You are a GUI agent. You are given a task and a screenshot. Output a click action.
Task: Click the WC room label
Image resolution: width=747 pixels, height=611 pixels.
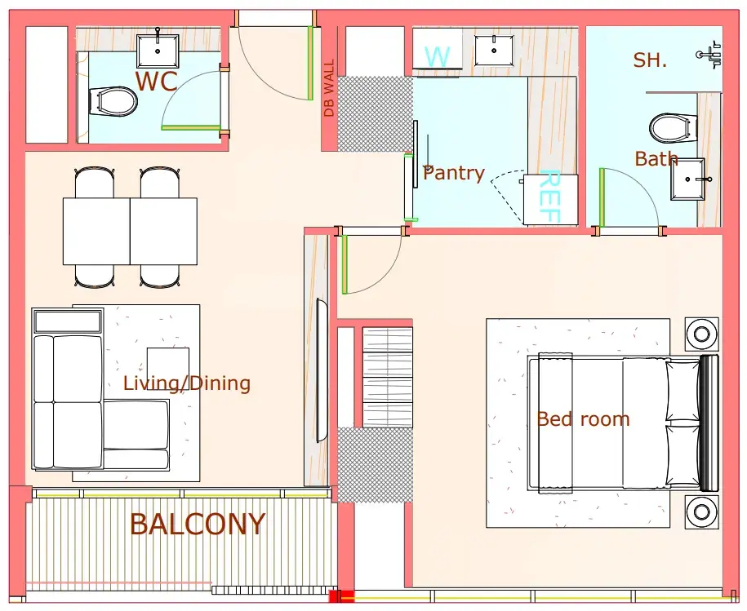157,81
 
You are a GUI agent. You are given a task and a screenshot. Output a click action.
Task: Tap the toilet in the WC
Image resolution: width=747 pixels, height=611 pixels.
113,101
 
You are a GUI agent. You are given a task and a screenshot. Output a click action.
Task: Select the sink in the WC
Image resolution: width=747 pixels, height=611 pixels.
158,51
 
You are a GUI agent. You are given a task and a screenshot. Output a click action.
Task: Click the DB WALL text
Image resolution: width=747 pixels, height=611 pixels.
329,88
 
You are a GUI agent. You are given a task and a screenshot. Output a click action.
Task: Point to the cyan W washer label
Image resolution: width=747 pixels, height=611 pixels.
438,56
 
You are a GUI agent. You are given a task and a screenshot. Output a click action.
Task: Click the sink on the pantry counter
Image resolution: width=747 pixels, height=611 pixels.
494,50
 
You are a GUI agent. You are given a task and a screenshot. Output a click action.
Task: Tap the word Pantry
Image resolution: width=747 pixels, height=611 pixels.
454,173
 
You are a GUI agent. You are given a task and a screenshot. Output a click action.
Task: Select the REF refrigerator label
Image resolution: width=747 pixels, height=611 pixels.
550,196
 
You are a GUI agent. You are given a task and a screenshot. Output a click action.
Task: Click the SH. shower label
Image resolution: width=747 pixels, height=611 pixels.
650,60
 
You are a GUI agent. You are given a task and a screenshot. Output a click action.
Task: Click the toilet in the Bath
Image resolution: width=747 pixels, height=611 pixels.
669,127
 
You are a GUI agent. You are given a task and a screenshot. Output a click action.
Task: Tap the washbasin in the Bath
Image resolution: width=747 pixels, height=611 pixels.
687,179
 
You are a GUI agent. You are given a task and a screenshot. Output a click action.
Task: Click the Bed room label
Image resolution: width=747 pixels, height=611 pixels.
583,419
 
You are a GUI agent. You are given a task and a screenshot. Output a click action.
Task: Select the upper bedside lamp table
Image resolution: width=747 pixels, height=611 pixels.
702,334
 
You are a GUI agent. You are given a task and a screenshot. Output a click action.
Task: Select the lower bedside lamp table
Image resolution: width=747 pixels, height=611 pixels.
702,511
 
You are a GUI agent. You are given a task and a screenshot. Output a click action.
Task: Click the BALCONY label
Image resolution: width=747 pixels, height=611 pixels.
198,525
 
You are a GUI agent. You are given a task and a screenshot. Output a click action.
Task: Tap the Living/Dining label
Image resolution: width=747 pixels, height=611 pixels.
187,383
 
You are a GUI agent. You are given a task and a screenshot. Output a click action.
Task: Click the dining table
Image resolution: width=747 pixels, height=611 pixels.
130,232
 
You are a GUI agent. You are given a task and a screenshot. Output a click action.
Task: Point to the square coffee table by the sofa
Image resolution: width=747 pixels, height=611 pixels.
167,365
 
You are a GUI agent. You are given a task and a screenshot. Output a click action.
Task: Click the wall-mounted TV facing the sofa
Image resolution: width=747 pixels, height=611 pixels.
322,371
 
